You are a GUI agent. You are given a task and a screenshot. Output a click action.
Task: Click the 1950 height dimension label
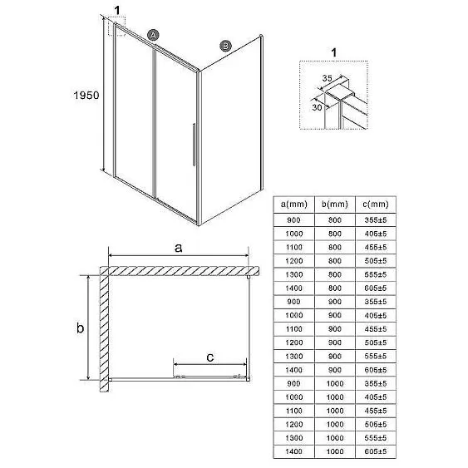(86, 96)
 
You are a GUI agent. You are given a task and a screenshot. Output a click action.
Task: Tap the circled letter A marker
(153, 36)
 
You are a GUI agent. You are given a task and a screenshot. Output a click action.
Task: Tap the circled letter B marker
(225, 46)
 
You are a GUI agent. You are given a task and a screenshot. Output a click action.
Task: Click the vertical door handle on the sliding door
(194, 145)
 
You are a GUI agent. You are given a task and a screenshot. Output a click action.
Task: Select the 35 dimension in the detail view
(328, 78)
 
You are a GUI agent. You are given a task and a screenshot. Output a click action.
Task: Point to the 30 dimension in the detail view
(317, 107)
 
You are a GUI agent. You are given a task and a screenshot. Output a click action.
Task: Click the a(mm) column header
(294, 204)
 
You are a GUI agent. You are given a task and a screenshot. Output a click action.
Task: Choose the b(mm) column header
(335, 204)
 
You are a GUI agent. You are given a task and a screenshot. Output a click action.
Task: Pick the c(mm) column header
(376, 204)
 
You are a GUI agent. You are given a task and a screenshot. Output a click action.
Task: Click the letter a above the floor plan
(178, 248)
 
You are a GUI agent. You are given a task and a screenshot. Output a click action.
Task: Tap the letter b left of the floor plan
(80, 328)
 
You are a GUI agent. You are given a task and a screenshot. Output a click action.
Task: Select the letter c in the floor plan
(210, 357)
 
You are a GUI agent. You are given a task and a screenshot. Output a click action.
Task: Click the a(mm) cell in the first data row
(293, 220)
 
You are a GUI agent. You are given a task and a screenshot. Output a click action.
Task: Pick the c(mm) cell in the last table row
(376, 451)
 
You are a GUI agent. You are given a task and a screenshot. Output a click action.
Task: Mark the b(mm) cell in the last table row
(335, 451)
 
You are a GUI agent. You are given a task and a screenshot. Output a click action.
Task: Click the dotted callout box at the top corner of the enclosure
(116, 26)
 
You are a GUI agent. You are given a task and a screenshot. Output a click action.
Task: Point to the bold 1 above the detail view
(334, 53)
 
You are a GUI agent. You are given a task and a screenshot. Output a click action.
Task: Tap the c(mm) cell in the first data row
(376, 220)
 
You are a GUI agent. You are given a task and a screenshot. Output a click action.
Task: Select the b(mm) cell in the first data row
(335, 220)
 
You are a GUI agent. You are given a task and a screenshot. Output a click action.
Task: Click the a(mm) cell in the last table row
(294, 451)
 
